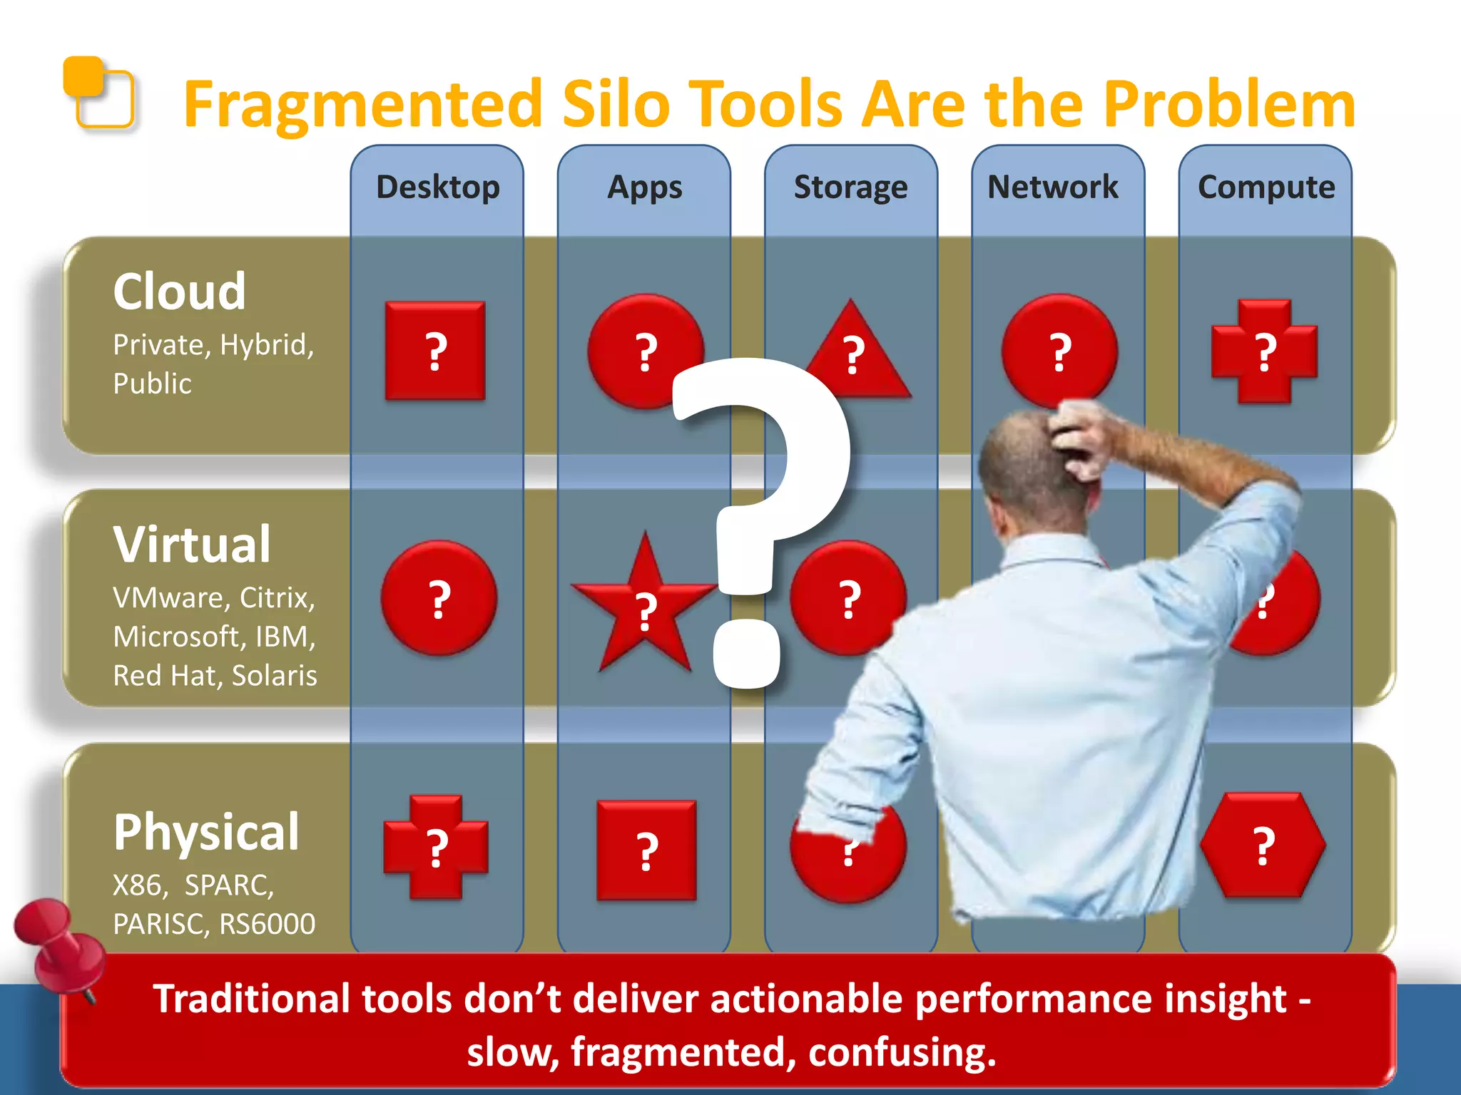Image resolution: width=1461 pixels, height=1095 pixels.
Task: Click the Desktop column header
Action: click(437, 187)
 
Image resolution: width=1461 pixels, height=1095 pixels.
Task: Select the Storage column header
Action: click(850, 187)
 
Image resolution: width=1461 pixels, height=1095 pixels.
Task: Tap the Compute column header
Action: click(1266, 187)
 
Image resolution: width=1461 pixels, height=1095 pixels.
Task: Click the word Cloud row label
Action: click(180, 292)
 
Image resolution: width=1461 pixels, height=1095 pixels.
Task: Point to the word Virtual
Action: click(192, 545)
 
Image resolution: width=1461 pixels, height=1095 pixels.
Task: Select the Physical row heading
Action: click(206, 832)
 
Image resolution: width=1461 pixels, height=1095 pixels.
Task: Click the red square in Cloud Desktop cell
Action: click(435, 351)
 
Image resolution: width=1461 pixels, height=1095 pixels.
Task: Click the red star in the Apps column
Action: click(644, 606)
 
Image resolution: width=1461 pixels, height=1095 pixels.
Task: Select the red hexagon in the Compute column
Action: click(1263, 845)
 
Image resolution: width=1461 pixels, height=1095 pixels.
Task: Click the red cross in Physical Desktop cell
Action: click(436, 847)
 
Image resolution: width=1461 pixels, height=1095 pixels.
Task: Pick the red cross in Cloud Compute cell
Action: click(1264, 351)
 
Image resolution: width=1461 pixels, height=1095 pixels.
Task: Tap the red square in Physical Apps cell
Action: click(646, 850)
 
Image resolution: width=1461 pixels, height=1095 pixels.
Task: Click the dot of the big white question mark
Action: click(748, 653)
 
